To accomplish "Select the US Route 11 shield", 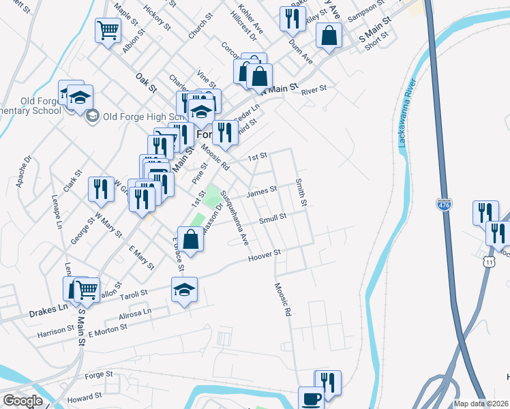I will (x=487, y=261).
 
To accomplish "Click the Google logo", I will (x=22, y=401).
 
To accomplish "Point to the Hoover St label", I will (x=265, y=255).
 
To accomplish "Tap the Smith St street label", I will (x=301, y=194).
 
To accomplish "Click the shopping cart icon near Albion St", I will (x=108, y=31).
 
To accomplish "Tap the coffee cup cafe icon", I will (x=312, y=398).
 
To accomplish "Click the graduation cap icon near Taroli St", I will (x=184, y=290).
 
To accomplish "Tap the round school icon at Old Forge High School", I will (x=92, y=115).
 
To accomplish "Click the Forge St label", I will (x=99, y=374).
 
